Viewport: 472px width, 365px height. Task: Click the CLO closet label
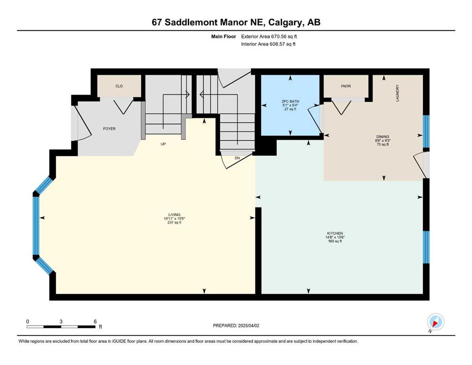pyautogui.click(x=119, y=86)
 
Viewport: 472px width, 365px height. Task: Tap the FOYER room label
pyautogui.click(x=109, y=129)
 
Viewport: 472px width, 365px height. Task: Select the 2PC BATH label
pyautogui.click(x=290, y=101)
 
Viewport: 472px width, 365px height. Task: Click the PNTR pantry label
pyautogui.click(x=346, y=86)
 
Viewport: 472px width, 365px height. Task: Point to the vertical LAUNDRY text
pyautogui.click(x=397, y=93)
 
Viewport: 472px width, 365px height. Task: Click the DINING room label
pyautogui.click(x=383, y=136)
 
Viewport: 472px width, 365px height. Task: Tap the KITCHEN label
pyautogui.click(x=335, y=233)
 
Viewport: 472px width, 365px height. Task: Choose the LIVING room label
pyautogui.click(x=174, y=215)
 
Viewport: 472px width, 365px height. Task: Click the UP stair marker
pyautogui.click(x=163, y=144)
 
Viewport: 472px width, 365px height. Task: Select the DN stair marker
pyautogui.click(x=238, y=158)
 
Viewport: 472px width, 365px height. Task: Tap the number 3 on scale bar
pyautogui.click(x=61, y=321)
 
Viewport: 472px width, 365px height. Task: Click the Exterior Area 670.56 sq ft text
pyautogui.click(x=269, y=37)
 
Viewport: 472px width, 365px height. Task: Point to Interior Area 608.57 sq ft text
pyautogui.click(x=268, y=44)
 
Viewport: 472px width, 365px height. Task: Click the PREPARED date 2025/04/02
pyautogui.click(x=236, y=326)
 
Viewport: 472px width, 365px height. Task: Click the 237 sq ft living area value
pyautogui.click(x=174, y=223)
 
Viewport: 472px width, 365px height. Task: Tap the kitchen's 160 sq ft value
pyautogui.click(x=335, y=241)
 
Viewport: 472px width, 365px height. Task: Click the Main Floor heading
pyautogui.click(x=224, y=37)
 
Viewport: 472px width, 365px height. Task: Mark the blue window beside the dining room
pyautogui.click(x=426, y=132)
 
